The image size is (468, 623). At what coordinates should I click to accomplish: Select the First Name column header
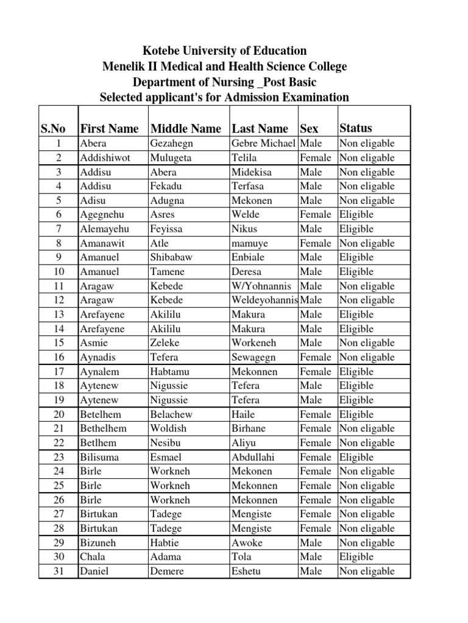coord(109,128)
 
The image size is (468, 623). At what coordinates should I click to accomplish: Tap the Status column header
coord(355,128)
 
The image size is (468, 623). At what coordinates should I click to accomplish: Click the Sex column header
coord(310,128)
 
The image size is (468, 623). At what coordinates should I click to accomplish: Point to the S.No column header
coord(54,128)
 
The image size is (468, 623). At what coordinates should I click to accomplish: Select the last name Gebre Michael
coord(264,144)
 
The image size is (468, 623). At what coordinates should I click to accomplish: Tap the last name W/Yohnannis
coord(261,286)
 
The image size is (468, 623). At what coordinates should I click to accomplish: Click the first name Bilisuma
coord(99,457)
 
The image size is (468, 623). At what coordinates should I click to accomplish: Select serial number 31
coord(58,571)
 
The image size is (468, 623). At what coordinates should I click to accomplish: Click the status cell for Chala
coord(356,557)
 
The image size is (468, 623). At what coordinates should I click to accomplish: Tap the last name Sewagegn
coord(254,357)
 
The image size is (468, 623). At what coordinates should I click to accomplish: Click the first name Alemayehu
coord(104,229)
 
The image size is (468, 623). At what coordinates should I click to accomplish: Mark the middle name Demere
coord(166,571)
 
